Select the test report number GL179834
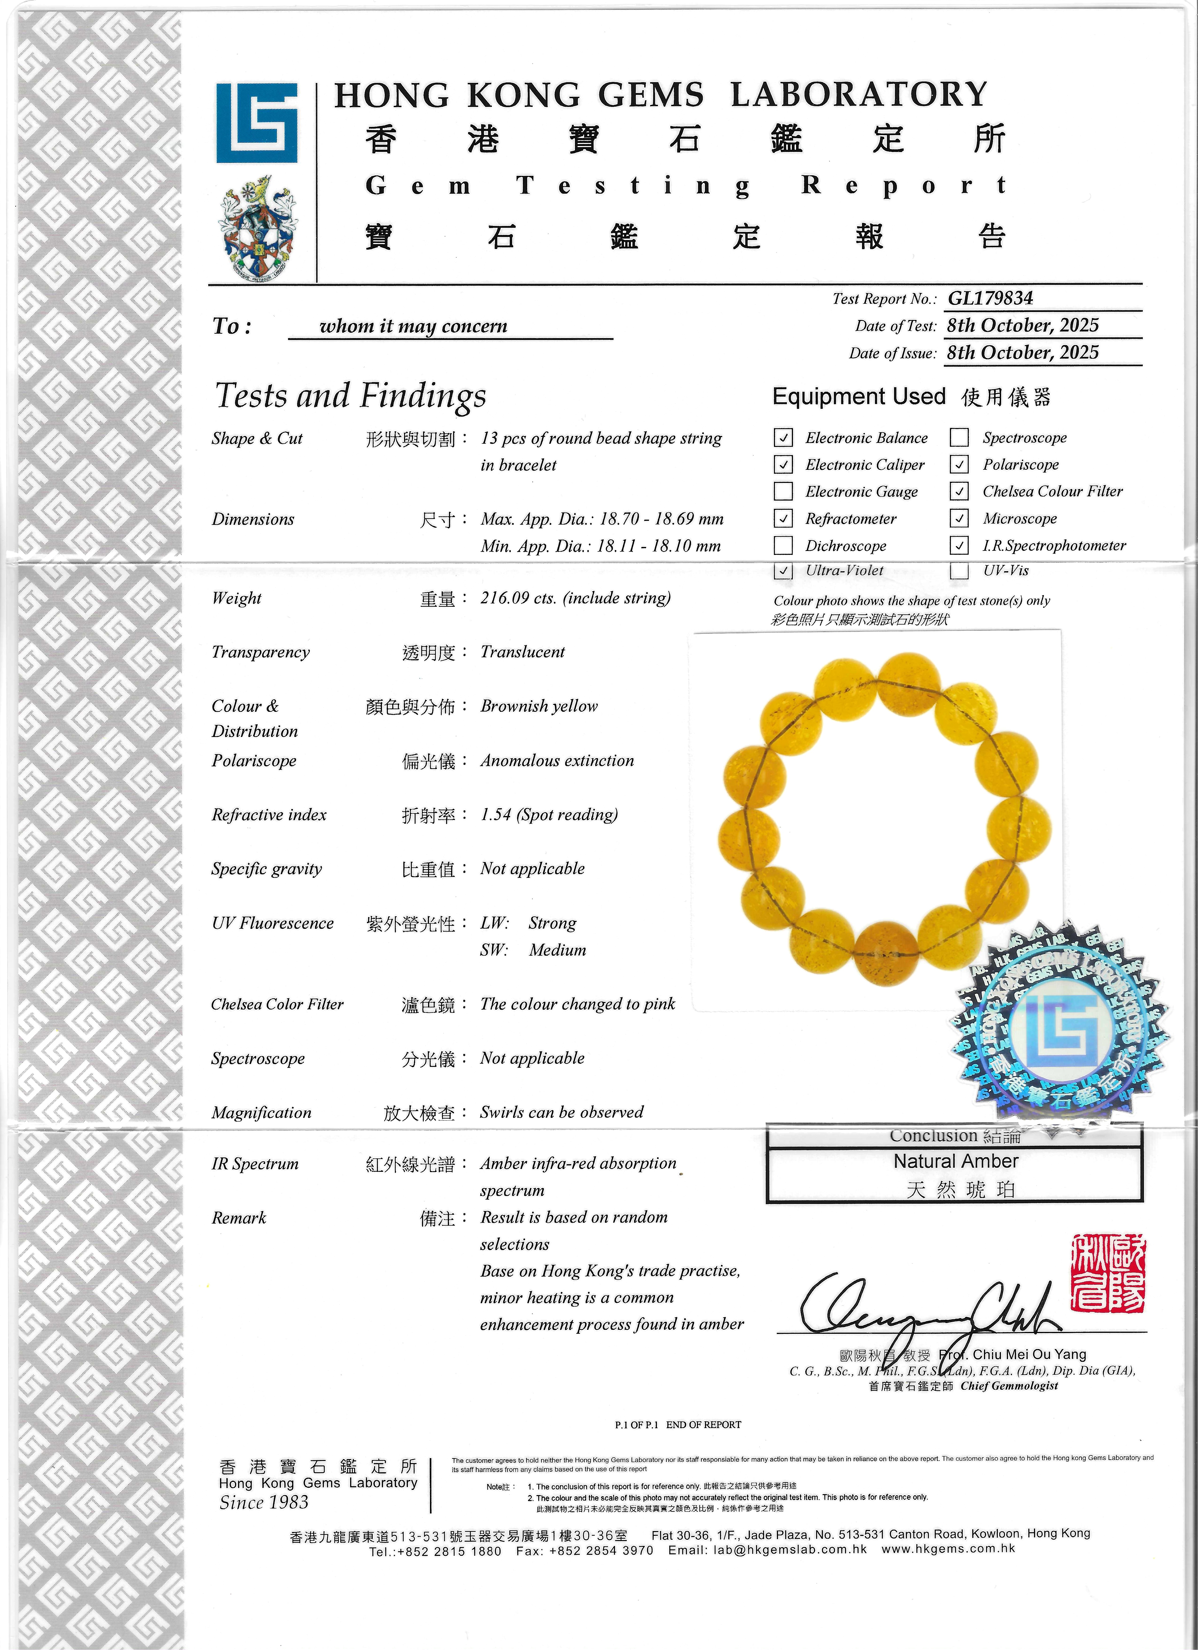990,298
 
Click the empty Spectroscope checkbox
959,437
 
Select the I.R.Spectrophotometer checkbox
959,545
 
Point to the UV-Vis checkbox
959,570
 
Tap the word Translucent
522,652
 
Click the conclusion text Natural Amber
955,1161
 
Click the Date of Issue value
1022,353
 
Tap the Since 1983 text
264,1502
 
